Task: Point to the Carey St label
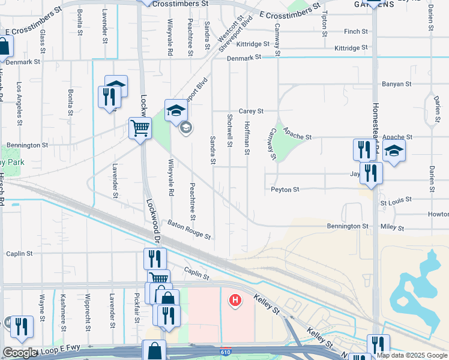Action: click(x=251, y=111)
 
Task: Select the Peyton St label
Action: click(x=285, y=190)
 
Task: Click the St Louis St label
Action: click(x=396, y=199)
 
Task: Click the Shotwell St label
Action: click(x=230, y=130)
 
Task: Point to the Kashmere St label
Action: click(x=63, y=309)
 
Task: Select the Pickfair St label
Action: click(x=137, y=312)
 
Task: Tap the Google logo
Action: click(x=20, y=353)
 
